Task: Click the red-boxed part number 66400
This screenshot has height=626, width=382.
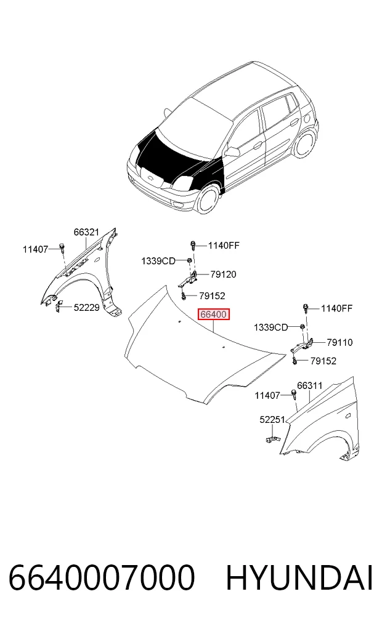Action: pos(214,315)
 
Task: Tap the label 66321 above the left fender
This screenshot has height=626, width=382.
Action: pos(86,232)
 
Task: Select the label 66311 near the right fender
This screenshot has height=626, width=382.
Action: pos(310,386)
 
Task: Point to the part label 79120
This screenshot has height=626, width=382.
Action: pos(224,275)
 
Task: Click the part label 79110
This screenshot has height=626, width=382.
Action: pos(339,342)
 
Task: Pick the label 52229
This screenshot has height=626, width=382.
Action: pos(86,307)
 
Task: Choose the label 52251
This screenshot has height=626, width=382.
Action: pos(272,420)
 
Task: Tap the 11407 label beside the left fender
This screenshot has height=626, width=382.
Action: pos(35,249)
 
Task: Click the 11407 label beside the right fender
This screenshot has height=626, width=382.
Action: pos(267,396)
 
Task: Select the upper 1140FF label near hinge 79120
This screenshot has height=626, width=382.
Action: pos(224,245)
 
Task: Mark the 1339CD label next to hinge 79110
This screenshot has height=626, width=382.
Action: pos(271,327)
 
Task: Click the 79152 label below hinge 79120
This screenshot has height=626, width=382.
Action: pos(212,296)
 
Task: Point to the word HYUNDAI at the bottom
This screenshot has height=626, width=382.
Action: pos(299,578)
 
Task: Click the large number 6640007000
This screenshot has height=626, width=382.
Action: pos(102,578)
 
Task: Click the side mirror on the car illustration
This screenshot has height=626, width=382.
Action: pos(232,151)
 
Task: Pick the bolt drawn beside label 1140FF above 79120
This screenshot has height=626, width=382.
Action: pos(193,245)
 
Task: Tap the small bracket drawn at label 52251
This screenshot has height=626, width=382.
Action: pos(273,439)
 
